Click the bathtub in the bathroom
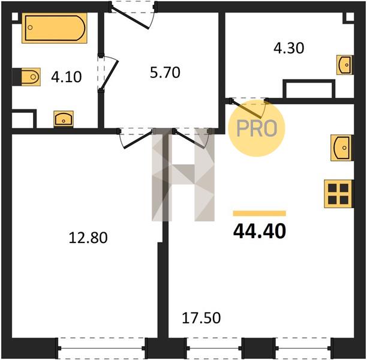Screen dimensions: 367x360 tap(55, 28)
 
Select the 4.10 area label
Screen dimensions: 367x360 tap(66, 77)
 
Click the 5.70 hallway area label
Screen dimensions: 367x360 tap(165, 73)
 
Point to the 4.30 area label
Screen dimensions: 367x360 tap(289, 48)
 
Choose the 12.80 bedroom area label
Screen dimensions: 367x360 tap(88, 238)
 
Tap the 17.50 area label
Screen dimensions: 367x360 tap(201, 318)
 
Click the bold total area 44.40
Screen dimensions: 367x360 tap(260, 231)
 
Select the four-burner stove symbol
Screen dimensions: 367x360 tap(338, 194)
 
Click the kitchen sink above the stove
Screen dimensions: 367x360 tap(342, 148)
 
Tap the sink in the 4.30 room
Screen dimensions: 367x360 tap(345, 65)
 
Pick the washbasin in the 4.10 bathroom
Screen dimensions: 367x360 tap(64, 119)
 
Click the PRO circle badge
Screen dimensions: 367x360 tap(257, 128)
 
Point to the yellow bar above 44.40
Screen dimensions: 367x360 tap(259, 213)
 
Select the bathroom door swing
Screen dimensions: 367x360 tap(108, 73)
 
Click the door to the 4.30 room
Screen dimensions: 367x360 tap(249, 108)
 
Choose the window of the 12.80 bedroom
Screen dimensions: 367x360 tap(101, 348)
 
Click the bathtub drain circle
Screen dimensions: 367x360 tap(30, 28)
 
